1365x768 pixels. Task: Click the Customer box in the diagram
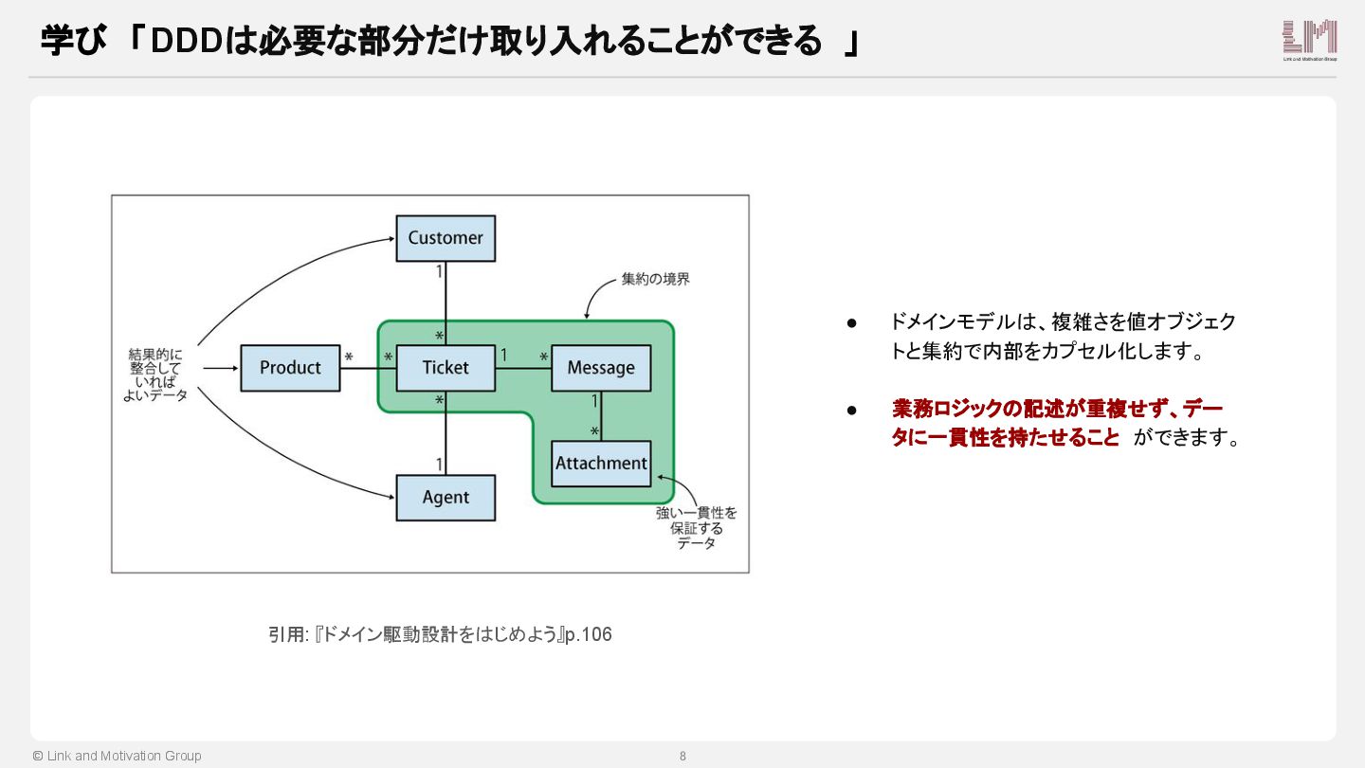tap(446, 238)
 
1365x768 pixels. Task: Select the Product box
tap(290, 368)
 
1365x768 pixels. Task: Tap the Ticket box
tap(446, 368)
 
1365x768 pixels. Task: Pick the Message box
tap(601, 368)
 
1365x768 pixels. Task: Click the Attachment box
tap(601, 464)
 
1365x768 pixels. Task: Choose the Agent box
tap(446, 498)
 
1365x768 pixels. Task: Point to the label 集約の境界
tap(655, 280)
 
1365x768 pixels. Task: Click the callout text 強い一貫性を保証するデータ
tap(697, 528)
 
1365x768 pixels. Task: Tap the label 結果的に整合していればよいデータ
tap(155, 375)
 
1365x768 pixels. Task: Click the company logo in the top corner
tap(1309, 40)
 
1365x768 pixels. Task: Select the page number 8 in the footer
tap(682, 757)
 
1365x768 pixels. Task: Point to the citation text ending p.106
tap(440, 634)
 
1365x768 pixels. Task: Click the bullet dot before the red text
tap(852, 410)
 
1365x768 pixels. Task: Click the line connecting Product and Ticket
tap(368, 368)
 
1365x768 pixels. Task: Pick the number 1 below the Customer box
tap(439, 272)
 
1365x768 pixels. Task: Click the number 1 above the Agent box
tap(439, 464)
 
